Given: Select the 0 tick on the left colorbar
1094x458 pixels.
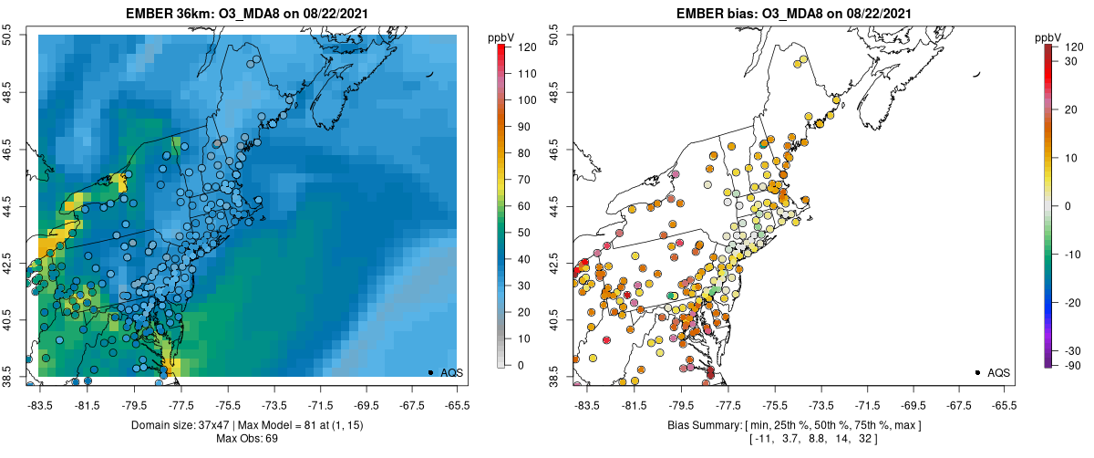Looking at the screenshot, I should pos(521,365).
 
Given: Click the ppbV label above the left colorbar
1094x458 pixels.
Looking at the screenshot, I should pos(500,36).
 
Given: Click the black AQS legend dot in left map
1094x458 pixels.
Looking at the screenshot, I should pos(430,372).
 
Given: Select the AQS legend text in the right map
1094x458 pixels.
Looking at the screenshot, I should pos(998,372).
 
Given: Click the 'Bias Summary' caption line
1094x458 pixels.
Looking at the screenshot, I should pos(794,425).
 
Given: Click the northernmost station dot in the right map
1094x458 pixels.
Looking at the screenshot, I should pos(801,62).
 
